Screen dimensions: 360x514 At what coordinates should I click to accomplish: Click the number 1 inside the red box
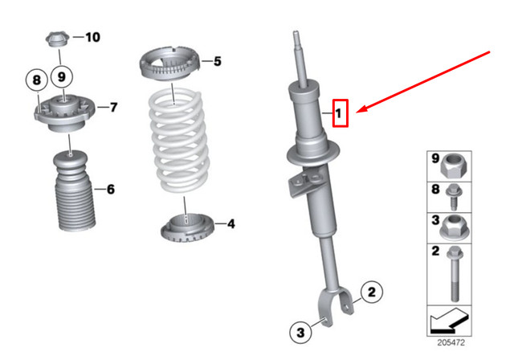tap(340, 114)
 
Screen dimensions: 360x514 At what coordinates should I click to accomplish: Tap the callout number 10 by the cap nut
tap(92, 37)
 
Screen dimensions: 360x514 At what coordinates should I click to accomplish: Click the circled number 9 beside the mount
tap(63, 79)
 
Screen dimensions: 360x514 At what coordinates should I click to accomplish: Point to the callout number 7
tap(113, 106)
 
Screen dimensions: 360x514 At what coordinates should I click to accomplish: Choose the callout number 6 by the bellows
tap(110, 189)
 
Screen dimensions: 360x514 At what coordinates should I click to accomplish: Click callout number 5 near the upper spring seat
tap(216, 60)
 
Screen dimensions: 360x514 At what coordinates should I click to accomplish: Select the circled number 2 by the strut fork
tap(371, 294)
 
